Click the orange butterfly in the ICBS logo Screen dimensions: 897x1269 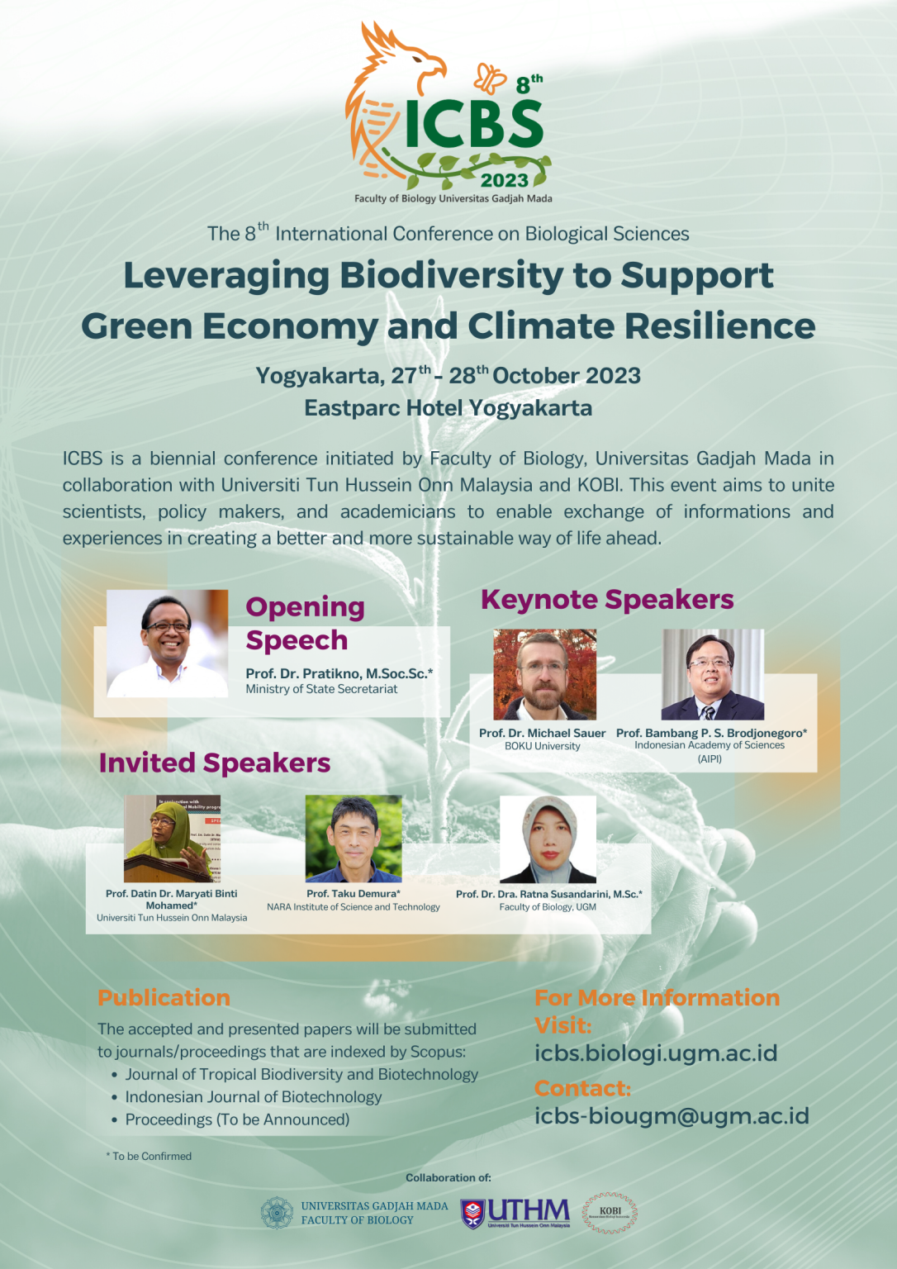[489, 78]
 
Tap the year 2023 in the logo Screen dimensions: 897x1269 [505, 180]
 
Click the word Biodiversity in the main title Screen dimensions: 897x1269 [451, 275]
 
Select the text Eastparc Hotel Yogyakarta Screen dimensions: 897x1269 [448, 408]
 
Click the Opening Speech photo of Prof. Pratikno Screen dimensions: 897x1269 [168, 643]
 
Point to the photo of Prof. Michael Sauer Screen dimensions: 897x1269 [545, 674]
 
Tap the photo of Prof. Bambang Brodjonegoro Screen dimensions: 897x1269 [712, 674]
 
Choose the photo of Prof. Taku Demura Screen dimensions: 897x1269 [354, 839]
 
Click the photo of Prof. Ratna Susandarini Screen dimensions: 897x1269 [548, 839]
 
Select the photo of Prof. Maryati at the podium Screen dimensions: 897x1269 [172, 839]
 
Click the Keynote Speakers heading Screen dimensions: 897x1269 [607, 599]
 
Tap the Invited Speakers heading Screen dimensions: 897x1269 [215, 763]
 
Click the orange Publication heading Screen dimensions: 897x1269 [164, 998]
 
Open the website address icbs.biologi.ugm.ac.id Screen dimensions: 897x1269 [656, 1053]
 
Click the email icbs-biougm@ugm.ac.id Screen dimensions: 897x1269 [672, 1115]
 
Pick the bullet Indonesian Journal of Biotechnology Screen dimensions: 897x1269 [253, 1097]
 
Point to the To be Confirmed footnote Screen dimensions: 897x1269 [149, 1157]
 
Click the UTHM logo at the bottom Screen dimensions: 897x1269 [515, 1213]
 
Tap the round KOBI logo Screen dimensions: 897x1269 [610, 1213]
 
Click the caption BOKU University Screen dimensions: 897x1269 [543, 746]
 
